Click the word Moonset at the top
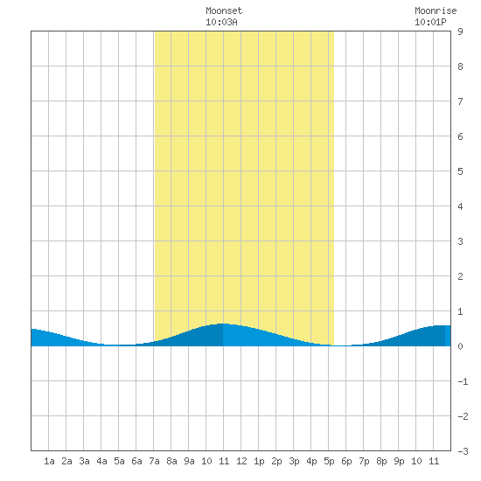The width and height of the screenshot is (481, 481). pos(224,10)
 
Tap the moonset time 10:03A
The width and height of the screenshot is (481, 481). pos(221,23)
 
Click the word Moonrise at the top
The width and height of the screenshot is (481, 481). pos(436,10)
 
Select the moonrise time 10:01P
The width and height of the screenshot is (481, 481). pos(430,23)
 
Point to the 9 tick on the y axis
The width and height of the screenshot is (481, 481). pos(460,31)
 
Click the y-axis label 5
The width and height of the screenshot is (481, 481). pos(460,171)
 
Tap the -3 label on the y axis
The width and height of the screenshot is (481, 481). pos(463,451)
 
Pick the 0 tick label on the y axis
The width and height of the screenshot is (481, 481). pos(460,346)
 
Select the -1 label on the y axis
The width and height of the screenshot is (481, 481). pos(463,381)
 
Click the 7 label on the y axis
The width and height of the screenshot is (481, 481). pos(460,101)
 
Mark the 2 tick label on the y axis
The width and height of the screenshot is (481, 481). pos(460,276)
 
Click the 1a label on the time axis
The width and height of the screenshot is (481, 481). pos(49,461)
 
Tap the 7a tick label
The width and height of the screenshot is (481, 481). pos(154,461)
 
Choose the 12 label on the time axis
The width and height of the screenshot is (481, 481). pos(241,461)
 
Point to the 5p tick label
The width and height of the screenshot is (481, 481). pos(329,461)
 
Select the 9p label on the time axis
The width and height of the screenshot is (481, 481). pos(399,461)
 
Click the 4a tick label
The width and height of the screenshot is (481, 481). pos(101,461)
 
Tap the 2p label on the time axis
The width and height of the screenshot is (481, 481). pos(276,461)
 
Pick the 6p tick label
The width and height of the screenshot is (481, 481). pos(346,461)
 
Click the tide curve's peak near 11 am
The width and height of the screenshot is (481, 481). pos(223,324)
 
